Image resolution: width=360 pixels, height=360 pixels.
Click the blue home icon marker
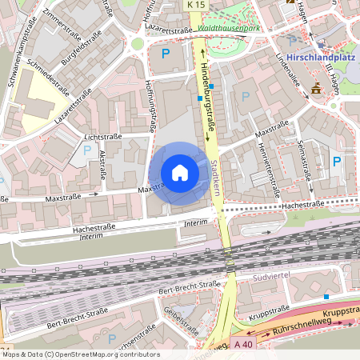point(180,173)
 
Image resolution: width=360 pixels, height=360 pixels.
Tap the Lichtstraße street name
point(102,137)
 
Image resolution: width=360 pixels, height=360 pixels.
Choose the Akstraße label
point(102,165)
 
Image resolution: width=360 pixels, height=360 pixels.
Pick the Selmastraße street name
point(304,161)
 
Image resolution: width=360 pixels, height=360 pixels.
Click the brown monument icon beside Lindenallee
point(316,87)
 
